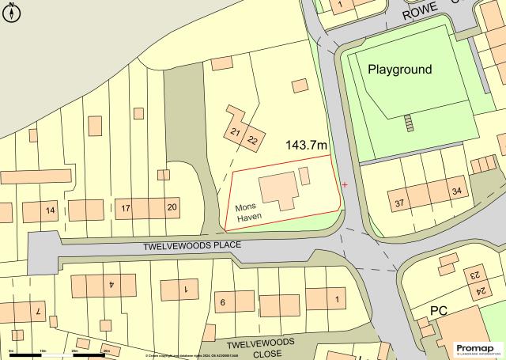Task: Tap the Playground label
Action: pos(400,70)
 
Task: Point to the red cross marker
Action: pos(345,184)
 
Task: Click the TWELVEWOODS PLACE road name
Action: pos(192,246)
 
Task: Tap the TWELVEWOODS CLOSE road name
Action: pos(260,347)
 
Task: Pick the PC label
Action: pos(439,309)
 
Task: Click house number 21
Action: pos(236,132)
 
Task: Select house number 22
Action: pos(252,140)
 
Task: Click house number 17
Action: pos(126,208)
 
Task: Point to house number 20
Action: pos(172,207)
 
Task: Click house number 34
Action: pos(456,191)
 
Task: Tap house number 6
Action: pos(223,302)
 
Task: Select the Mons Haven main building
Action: pos(279,187)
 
